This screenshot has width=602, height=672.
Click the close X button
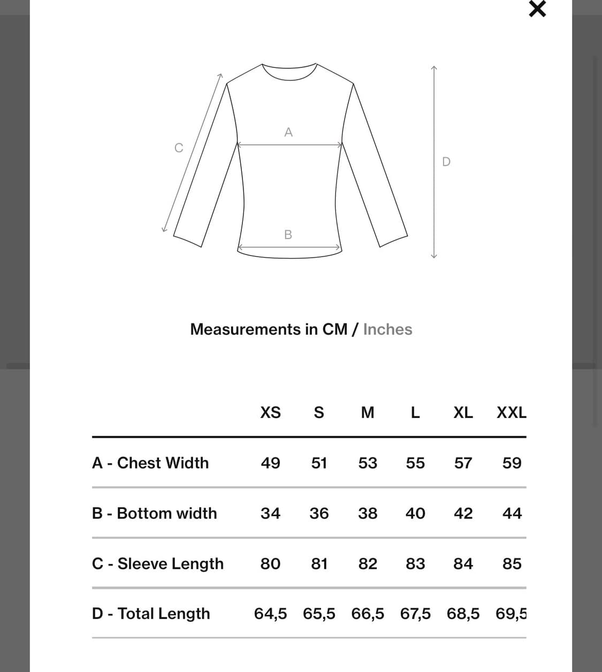pos(537,9)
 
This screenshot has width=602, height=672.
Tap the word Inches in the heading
pos(387,329)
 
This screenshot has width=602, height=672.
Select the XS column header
pos(270,413)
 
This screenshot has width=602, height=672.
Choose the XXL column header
pos(511,413)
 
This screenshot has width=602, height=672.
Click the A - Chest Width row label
pos(150,463)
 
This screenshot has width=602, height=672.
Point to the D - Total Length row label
pos(151,614)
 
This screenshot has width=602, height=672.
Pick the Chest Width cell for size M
pos(368,463)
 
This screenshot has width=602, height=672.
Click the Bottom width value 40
pos(415,513)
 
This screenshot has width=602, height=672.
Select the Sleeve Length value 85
pos(512,563)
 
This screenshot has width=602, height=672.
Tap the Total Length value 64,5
pos(270,614)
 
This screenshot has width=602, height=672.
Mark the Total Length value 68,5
pos(463,614)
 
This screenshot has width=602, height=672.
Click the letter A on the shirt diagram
pos(288,132)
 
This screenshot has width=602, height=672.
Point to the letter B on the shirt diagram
pos(288,235)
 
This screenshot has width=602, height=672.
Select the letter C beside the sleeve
pos(179,148)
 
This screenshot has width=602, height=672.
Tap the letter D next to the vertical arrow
pos(446,161)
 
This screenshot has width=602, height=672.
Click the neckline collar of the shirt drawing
pos(289,73)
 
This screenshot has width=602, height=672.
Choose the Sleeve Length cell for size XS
pos(270,563)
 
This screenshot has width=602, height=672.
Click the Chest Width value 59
pos(512,463)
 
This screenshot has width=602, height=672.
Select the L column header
pos(415,413)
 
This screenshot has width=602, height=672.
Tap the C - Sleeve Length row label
pos(158,563)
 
